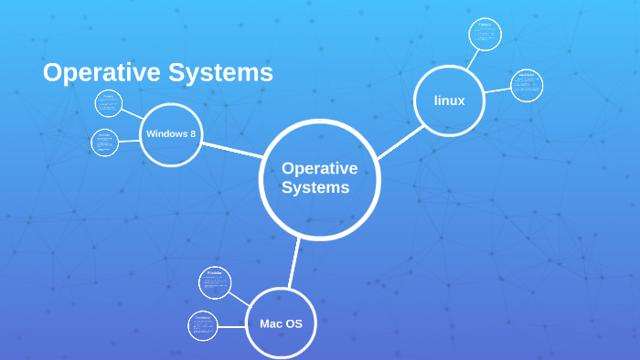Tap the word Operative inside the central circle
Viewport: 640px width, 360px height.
tap(319, 168)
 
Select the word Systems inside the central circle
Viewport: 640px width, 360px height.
tap(315, 188)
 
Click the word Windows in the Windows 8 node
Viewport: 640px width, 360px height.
tap(165, 134)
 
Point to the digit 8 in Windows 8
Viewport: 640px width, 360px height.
tap(192, 134)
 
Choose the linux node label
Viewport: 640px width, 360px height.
tap(449, 101)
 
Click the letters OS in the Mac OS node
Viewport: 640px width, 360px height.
tap(302, 323)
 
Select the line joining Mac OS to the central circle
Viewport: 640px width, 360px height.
tap(293, 263)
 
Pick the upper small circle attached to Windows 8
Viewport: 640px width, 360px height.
tap(108, 103)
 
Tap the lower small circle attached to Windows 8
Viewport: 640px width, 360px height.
tap(105, 143)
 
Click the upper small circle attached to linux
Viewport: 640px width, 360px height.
tap(485, 35)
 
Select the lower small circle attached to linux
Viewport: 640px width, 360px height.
tap(526, 85)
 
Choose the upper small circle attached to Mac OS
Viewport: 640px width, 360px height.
tap(215, 282)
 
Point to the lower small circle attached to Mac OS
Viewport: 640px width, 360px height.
tap(203, 326)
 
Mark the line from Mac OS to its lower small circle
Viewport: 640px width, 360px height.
tap(232, 324)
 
